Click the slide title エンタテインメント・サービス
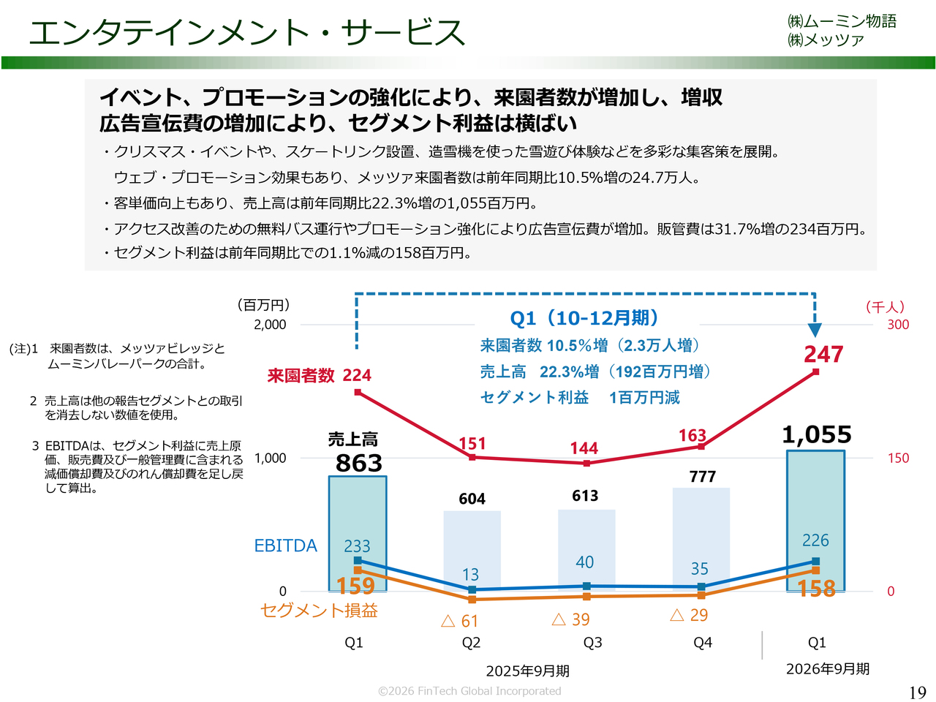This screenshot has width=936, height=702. (x=246, y=33)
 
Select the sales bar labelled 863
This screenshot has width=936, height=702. (x=358, y=512)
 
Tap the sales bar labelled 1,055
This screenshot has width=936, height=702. (x=815, y=497)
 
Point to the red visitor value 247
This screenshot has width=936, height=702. (x=823, y=355)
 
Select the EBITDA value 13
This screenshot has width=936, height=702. (x=471, y=575)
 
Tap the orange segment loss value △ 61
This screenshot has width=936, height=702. (x=460, y=621)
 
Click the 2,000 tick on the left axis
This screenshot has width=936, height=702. (x=270, y=325)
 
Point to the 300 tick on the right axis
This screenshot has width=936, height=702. (x=898, y=325)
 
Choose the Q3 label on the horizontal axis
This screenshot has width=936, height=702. (x=592, y=643)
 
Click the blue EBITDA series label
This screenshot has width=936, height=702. (x=285, y=546)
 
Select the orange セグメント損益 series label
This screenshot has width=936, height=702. (x=319, y=611)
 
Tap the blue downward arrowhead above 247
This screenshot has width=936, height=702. (x=815, y=330)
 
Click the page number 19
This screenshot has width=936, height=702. (x=917, y=692)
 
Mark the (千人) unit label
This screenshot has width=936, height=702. (x=885, y=307)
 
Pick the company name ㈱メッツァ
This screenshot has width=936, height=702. (x=826, y=40)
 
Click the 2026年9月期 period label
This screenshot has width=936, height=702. (x=828, y=669)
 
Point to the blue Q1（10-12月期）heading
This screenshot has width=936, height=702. (x=585, y=318)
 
